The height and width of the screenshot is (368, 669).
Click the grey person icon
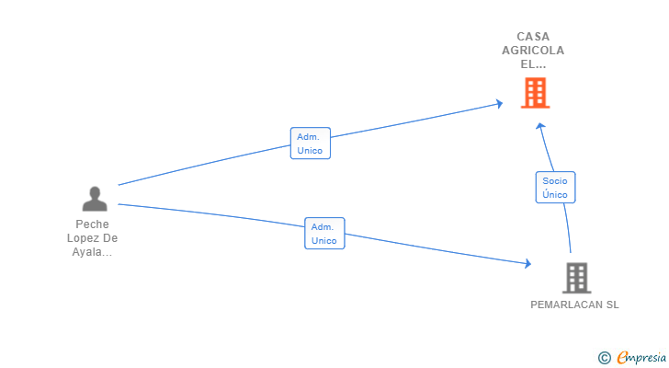[x=94, y=198]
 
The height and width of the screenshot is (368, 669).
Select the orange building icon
[x=535, y=92]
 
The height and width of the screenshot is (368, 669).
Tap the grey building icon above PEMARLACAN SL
[x=576, y=277]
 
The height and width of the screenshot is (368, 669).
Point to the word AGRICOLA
[x=533, y=51]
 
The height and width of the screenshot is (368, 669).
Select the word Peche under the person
[x=94, y=224]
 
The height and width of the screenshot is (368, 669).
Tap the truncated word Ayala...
[x=92, y=252]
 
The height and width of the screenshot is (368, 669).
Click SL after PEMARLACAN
[x=611, y=305]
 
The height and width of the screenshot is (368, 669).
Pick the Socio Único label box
[x=555, y=188]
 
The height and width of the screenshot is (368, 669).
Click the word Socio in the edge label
[x=555, y=181]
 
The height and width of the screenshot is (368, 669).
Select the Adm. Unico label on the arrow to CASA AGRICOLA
[x=310, y=144]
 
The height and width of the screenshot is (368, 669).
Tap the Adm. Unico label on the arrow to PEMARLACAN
[x=324, y=234]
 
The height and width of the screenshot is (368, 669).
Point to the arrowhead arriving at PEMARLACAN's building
[x=527, y=264]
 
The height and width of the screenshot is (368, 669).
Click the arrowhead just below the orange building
[x=541, y=126]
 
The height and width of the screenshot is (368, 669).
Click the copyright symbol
[x=604, y=357]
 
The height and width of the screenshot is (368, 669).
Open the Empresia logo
[x=641, y=357]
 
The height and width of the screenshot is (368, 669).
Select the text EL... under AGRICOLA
[x=533, y=64]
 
